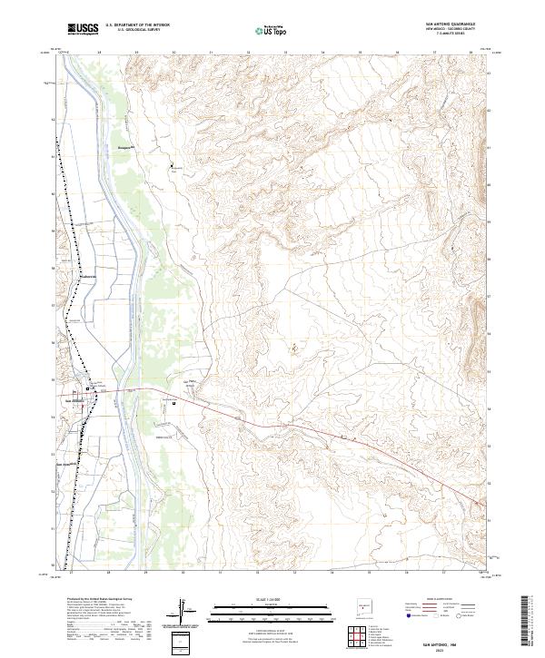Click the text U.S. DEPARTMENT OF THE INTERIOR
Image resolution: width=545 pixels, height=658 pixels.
coord(136,25)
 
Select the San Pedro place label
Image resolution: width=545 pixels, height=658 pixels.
coord(193,381)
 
